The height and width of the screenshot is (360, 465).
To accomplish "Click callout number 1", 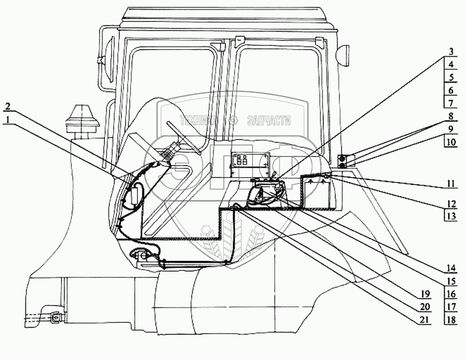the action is [x=7, y=118].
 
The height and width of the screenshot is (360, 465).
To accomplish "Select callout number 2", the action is [x=7, y=107].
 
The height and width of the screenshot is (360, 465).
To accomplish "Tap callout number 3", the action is [x=451, y=52].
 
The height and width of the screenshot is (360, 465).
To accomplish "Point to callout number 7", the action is [x=451, y=103].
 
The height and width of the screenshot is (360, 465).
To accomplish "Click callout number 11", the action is [x=451, y=183].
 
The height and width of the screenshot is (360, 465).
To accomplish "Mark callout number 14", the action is [x=451, y=269].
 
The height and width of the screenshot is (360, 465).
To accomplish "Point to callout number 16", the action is [x=451, y=293].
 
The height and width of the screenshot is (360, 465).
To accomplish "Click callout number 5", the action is [x=451, y=77].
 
